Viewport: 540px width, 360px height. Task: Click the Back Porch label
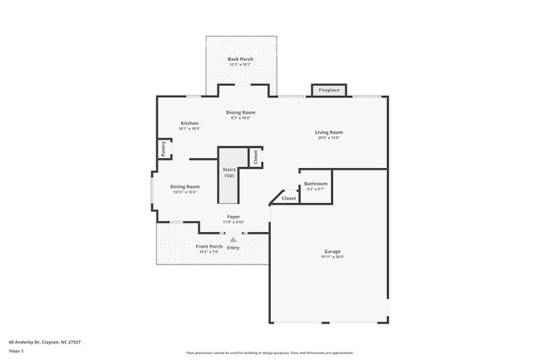point(241,59)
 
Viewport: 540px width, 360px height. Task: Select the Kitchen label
point(189,123)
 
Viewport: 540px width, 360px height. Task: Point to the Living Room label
point(329,132)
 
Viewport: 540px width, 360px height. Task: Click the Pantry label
point(163,148)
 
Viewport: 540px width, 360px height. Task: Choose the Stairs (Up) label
point(228,173)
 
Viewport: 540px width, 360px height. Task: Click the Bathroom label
point(316,184)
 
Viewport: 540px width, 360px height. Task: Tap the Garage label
point(332,251)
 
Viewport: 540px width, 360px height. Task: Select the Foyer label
point(234,216)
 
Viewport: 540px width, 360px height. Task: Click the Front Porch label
point(209,246)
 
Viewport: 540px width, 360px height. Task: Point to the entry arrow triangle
point(233,239)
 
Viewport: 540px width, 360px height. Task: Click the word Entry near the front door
point(233,247)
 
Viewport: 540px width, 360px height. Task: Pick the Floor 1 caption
point(16,351)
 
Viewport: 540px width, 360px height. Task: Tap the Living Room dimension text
point(329,138)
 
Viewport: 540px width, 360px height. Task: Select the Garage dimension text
point(332,257)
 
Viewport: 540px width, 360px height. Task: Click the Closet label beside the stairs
point(255,155)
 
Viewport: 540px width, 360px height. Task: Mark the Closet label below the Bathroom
point(288,199)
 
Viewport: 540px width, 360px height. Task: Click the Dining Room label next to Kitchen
point(240,112)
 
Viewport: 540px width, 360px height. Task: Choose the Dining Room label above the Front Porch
point(184,186)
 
